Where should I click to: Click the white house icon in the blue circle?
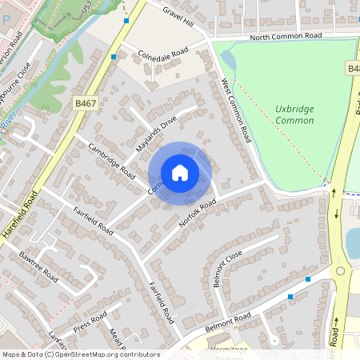point(180,172)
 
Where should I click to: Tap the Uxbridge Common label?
point(294,113)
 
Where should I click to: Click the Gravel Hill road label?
point(178,14)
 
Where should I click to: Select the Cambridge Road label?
point(112,158)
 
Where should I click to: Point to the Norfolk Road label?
point(198,214)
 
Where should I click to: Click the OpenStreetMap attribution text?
point(80,354)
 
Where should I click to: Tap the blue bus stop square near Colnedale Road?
point(114,57)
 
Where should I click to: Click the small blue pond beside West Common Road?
point(227,60)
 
